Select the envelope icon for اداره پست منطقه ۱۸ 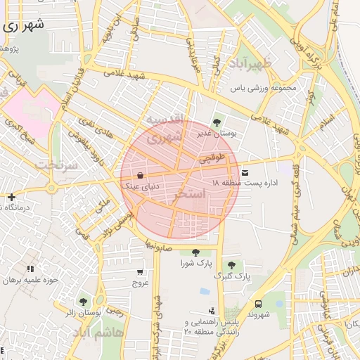coord(244,172)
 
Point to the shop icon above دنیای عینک coord(141,175)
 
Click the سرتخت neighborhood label coord(55,165)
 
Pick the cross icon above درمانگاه coord(11,197)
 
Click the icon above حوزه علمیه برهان coord(30,269)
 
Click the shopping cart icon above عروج coord(141,271)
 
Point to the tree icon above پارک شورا coord(195,252)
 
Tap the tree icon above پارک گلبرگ coord(231,264)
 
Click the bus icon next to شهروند coord(259,304)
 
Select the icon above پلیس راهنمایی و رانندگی coord(212,310)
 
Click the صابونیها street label coord(160,245)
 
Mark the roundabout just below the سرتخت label coord(51,188)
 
